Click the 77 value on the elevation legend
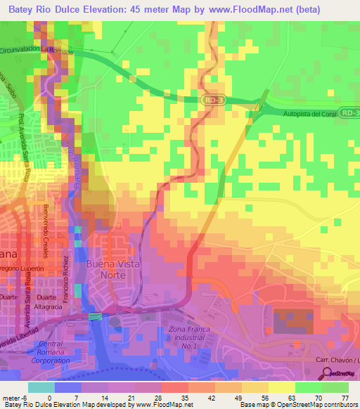(x=345, y=397)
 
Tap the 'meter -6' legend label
(x=14, y=397)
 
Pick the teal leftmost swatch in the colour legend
(x=41, y=387)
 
